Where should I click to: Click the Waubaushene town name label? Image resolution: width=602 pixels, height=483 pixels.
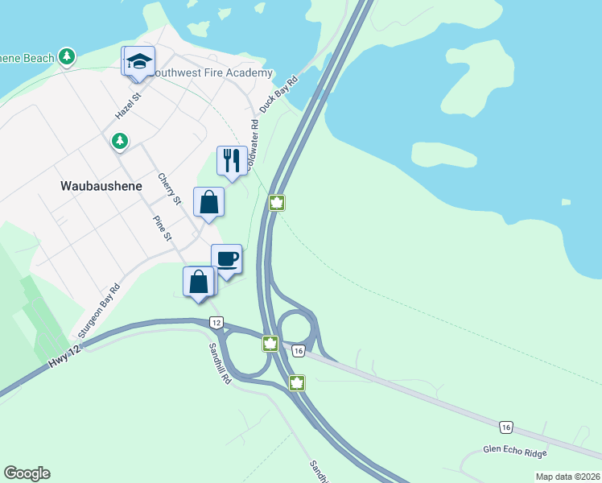101,185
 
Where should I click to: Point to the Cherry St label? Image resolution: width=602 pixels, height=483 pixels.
171,188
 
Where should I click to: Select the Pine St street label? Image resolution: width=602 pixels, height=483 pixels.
163,226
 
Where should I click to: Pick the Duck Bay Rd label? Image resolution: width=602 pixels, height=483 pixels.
279,95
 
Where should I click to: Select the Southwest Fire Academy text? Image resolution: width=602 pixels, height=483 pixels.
212,73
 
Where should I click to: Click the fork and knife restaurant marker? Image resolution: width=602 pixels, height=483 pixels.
233,161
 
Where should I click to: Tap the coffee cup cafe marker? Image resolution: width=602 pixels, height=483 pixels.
227,260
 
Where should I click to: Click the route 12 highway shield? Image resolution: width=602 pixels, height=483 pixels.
216,322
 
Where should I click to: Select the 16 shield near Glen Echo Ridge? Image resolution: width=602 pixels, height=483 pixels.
505,426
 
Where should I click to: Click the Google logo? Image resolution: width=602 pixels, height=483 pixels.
27,473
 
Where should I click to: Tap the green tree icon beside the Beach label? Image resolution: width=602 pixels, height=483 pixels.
68,57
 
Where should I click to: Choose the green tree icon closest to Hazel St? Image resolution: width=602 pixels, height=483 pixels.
120,142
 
